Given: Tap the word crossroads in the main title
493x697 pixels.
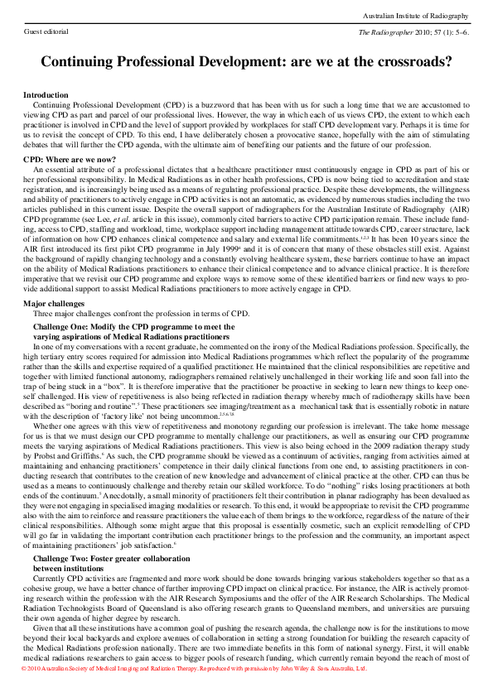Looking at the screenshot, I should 402,61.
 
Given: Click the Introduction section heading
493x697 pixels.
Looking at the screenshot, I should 46,96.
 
